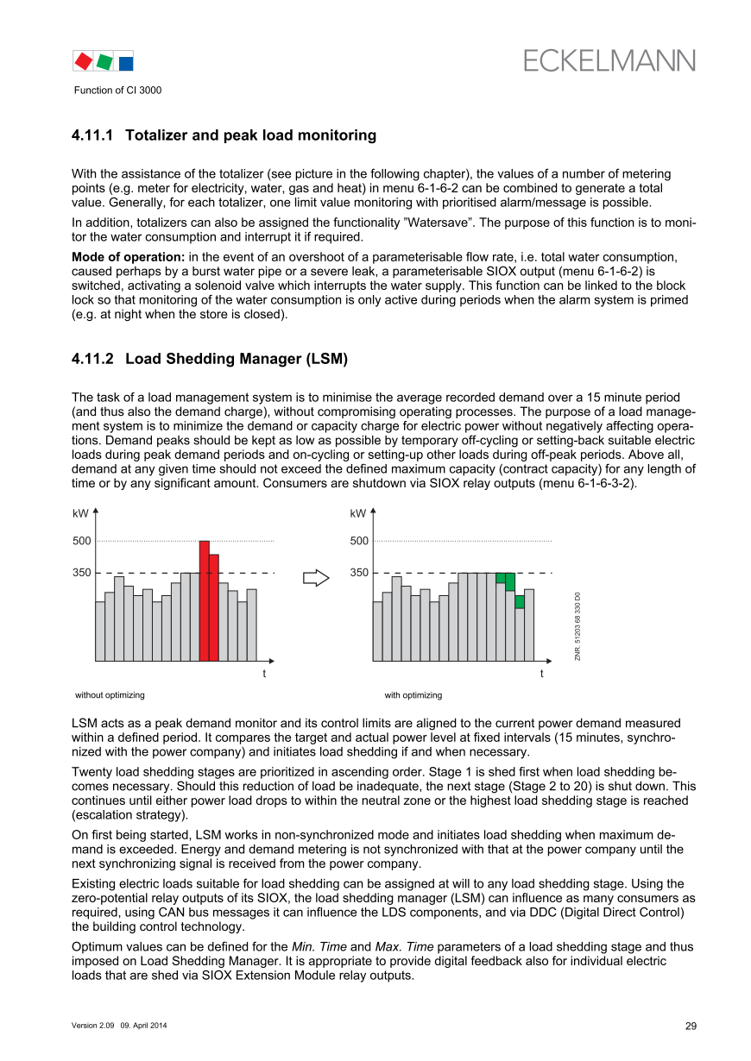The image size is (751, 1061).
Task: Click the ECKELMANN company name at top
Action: (609, 60)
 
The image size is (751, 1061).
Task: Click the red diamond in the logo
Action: (83, 61)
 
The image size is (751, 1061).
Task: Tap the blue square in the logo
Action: (126, 62)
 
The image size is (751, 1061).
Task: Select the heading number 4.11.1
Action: (93, 135)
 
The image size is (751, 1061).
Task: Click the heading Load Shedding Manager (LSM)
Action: (237, 359)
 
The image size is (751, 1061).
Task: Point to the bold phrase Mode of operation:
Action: (129, 257)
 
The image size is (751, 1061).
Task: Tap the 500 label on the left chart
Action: (81, 541)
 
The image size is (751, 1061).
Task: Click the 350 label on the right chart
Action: (359, 573)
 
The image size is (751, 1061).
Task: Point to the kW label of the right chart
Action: (358, 513)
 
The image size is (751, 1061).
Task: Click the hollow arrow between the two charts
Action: (316, 577)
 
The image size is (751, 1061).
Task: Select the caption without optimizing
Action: (110, 694)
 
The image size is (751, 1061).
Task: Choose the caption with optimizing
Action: (413, 694)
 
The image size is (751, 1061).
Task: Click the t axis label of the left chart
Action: (264, 673)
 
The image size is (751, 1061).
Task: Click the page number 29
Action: (691, 1026)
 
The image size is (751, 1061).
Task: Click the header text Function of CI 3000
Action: (117, 90)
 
